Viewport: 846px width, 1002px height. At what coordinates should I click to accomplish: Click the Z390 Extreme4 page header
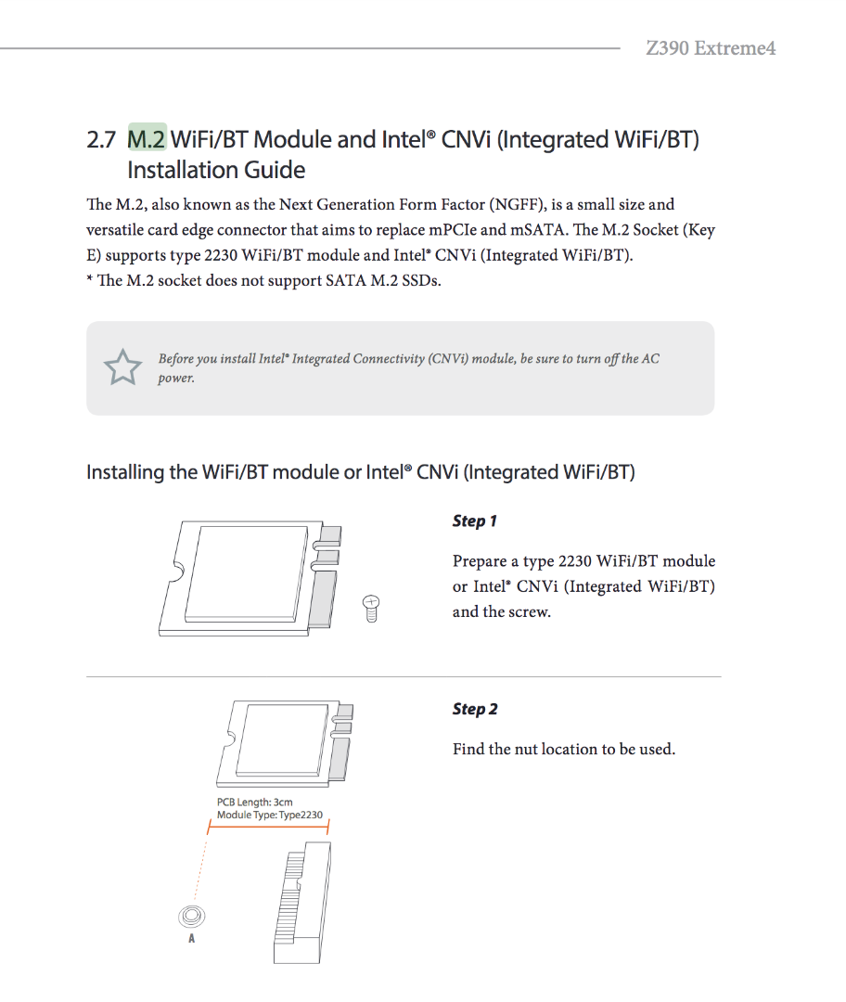click(x=711, y=48)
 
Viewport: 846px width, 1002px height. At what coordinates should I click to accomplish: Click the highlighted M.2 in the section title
click(x=147, y=139)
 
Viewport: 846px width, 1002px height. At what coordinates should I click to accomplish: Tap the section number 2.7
click(x=101, y=140)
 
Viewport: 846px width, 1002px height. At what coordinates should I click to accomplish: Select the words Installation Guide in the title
click(x=216, y=171)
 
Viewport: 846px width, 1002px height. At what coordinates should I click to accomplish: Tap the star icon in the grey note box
click(x=122, y=367)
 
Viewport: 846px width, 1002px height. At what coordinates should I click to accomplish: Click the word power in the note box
click(x=175, y=379)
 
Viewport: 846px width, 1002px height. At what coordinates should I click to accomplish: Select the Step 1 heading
click(x=475, y=520)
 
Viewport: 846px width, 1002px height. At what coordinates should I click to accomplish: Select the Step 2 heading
click(x=475, y=709)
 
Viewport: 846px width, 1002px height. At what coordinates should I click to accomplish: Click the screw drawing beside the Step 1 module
click(x=371, y=609)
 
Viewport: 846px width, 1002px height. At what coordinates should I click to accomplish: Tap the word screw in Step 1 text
click(x=529, y=611)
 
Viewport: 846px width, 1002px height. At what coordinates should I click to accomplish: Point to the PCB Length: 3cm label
click(x=255, y=803)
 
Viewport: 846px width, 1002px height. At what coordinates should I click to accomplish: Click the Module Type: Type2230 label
click(x=270, y=816)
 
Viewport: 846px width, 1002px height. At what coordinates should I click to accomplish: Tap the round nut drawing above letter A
click(x=191, y=916)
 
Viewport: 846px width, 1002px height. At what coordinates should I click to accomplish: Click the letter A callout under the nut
click(x=191, y=939)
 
